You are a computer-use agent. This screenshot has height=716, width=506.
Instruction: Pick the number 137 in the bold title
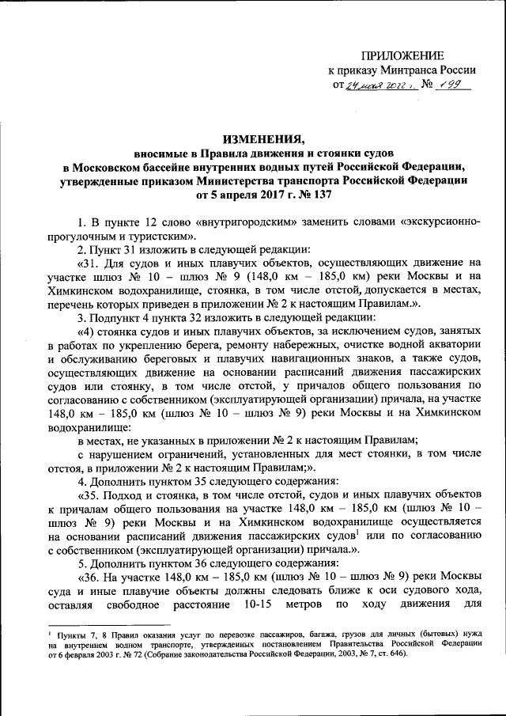click(x=320, y=194)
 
